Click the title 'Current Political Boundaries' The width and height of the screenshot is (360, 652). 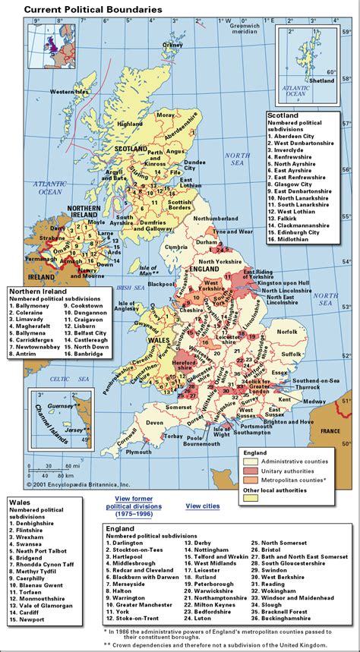[83, 9]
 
